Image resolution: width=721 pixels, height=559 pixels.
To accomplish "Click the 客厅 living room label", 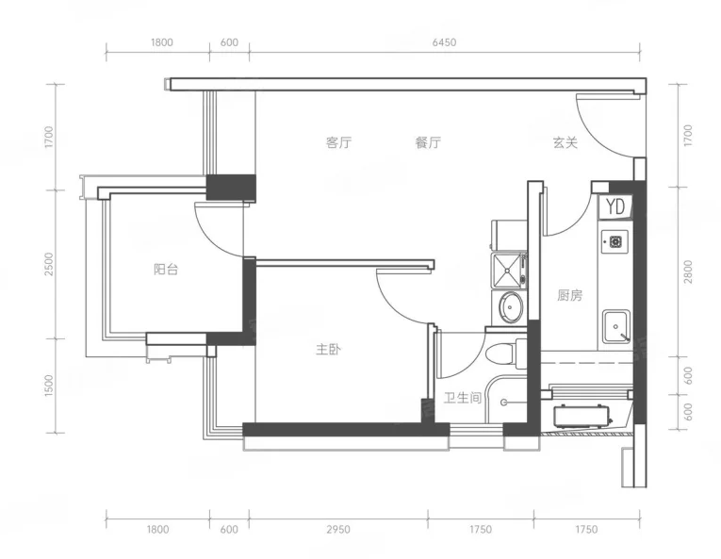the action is point(338,142).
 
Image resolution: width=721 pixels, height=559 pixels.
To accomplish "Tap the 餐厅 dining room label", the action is point(428,142).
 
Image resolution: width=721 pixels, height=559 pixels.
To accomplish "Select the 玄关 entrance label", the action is point(565,142).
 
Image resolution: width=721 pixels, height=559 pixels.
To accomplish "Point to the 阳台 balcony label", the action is point(166,270).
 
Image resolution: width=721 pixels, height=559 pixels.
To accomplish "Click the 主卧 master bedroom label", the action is point(328,350).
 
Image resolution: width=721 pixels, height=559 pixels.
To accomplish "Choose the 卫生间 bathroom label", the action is point(463,398).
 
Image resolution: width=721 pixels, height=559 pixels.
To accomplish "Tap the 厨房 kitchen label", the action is point(569,295).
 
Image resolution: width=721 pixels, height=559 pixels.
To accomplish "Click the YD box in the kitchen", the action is point(614,207).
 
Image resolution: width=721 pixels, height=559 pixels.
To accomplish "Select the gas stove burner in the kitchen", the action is point(615,241).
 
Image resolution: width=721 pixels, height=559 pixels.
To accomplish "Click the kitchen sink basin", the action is point(616,326).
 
